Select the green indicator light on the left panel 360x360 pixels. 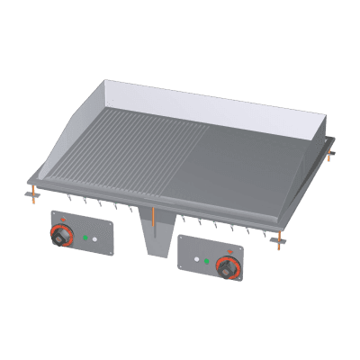pyautogui.click(x=85, y=238)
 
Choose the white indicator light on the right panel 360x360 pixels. pyautogui.click(x=196, y=261)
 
